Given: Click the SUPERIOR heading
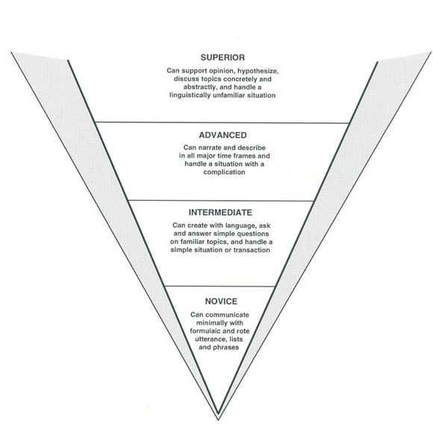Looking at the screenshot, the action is pyautogui.click(x=222, y=57).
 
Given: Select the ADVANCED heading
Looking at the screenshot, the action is pyautogui.click(x=222, y=135).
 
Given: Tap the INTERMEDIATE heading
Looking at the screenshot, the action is pyautogui.click(x=220, y=212).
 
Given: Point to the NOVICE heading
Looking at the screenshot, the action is pyautogui.click(x=221, y=302).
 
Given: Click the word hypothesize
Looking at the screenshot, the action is pyautogui.click(x=258, y=71).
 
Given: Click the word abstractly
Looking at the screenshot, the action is pyautogui.click(x=199, y=87).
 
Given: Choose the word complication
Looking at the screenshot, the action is pyautogui.click(x=224, y=172).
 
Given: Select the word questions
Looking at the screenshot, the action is pyautogui.click(x=253, y=234).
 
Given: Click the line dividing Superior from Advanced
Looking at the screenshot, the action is pyautogui.click(x=222, y=122).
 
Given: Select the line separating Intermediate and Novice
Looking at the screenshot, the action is pyautogui.click(x=219, y=287).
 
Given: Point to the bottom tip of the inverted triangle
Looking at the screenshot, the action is pyautogui.click(x=218, y=420).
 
